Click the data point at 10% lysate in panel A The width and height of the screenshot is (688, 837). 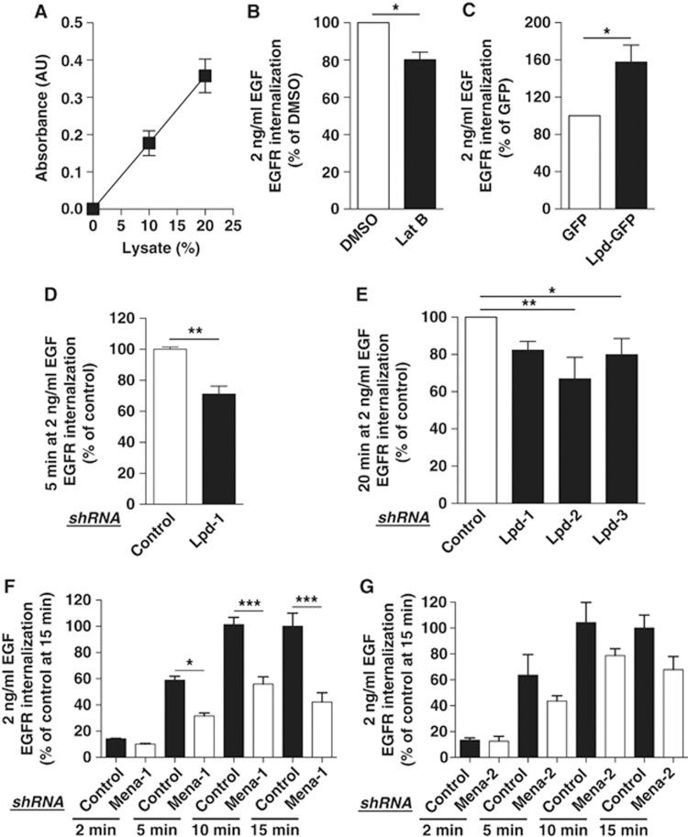point(149,143)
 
